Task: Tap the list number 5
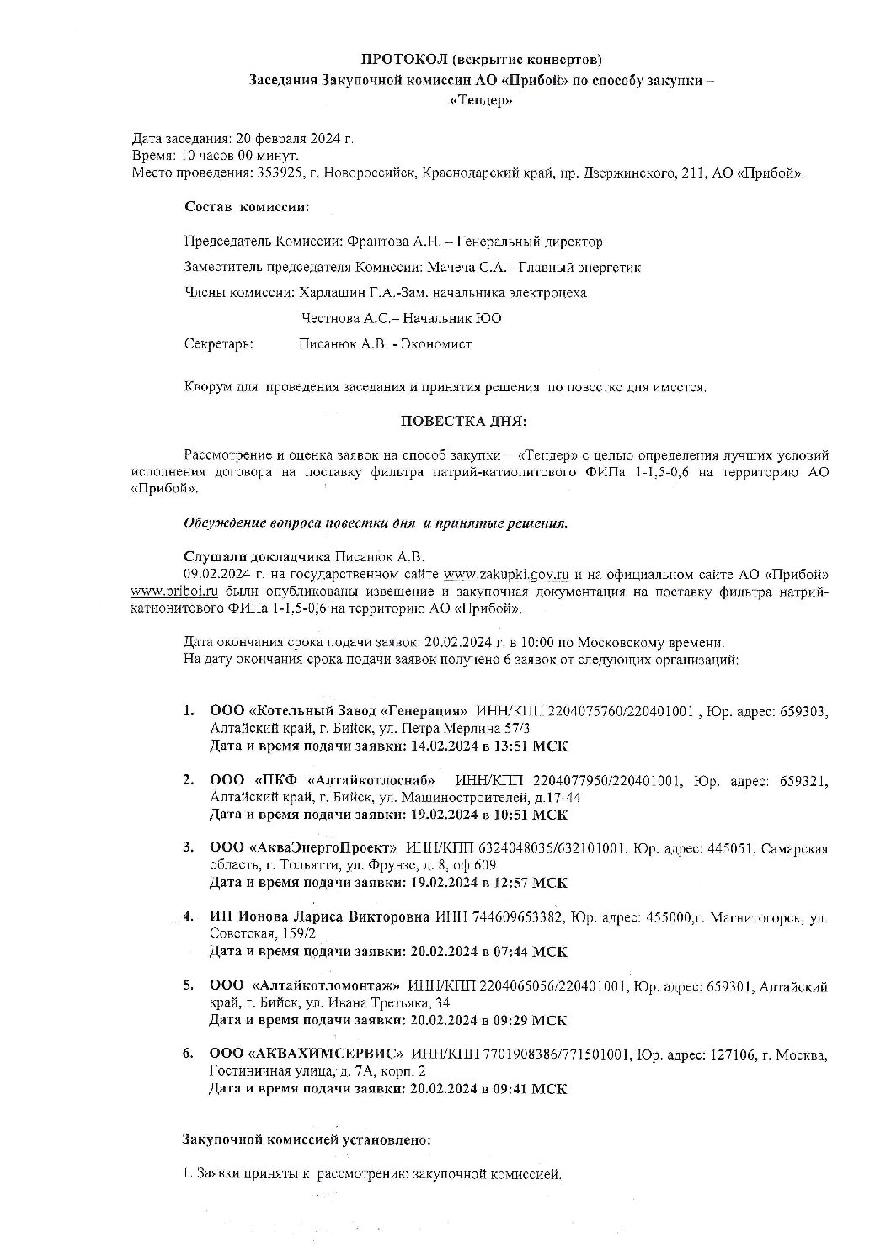coord(189,985)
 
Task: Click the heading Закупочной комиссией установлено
coord(307,1139)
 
